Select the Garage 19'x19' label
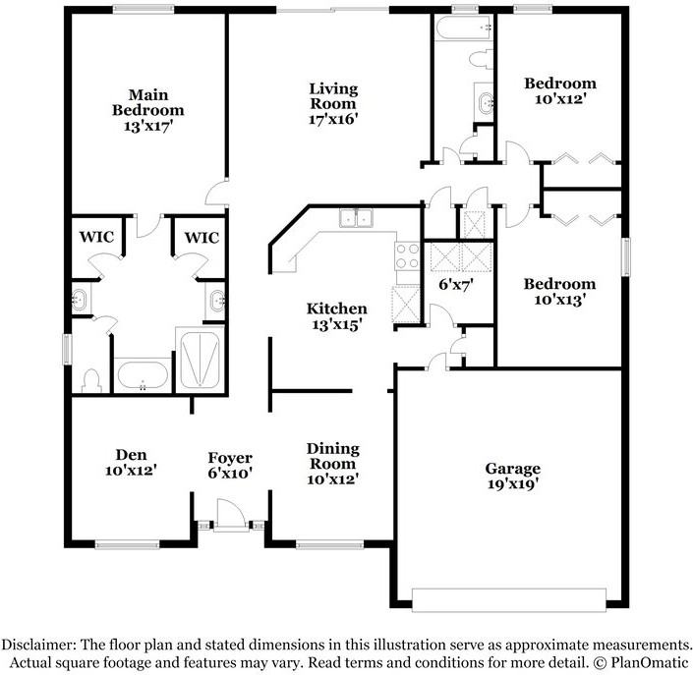point(511,476)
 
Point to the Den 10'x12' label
point(131,462)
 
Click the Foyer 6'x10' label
point(230,465)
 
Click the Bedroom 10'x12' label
point(559,91)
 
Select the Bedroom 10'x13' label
point(559,292)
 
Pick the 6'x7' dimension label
point(456,285)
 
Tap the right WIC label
point(202,238)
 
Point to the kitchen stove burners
point(406,256)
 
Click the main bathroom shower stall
point(202,360)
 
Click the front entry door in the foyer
point(229,513)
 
